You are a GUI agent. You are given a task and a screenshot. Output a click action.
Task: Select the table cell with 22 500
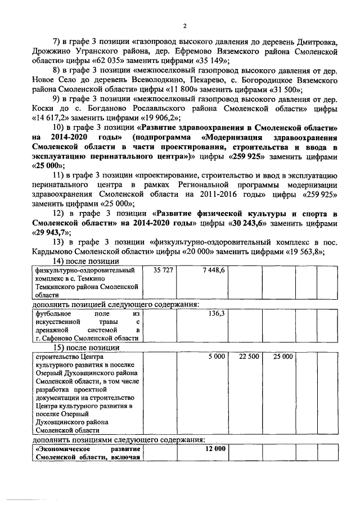(x=249, y=357)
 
